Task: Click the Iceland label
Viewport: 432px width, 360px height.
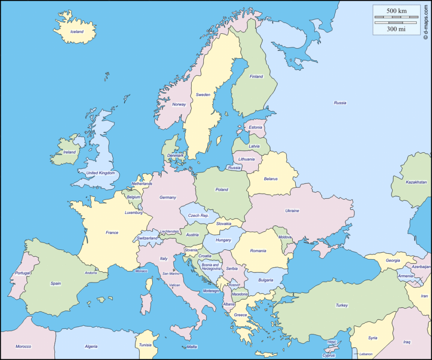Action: (x=77, y=32)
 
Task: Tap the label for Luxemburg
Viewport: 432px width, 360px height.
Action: (x=134, y=213)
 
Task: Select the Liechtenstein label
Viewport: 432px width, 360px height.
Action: (x=170, y=231)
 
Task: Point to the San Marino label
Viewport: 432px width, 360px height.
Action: (x=171, y=273)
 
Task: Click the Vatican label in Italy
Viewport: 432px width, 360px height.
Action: (x=175, y=285)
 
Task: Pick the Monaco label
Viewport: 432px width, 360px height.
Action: (x=141, y=271)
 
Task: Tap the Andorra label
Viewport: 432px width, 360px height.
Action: (x=91, y=273)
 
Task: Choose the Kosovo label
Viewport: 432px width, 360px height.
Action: (x=234, y=285)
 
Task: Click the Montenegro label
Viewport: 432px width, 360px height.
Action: (x=211, y=291)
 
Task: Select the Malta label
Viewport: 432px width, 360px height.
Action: (x=192, y=347)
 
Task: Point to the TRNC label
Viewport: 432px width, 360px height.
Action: (x=332, y=342)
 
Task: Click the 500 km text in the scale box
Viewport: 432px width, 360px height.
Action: (x=396, y=10)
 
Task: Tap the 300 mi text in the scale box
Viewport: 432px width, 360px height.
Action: (x=396, y=29)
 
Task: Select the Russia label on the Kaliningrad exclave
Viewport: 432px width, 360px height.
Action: (x=234, y=168)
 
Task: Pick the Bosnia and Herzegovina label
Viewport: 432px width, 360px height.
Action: (x=210, y=267)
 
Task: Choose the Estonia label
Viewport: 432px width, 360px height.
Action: (x=255, y=127)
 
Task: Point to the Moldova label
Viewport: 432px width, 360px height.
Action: (x=285, y=237)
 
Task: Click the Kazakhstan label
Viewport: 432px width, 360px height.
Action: (x=416, y=182)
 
